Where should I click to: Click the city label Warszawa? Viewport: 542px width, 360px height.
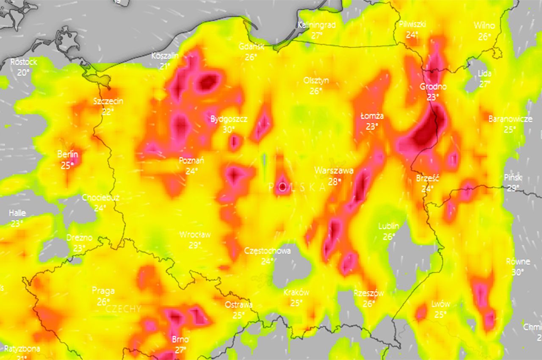(334, 171)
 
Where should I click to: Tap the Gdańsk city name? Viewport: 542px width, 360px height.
(251, 46)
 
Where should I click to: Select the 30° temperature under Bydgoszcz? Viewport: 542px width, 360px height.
(229, 129)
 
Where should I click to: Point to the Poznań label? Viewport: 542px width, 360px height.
(192, 161)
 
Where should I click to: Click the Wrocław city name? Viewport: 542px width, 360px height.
(195, 235)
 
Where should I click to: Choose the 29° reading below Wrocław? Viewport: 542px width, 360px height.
(195, 245)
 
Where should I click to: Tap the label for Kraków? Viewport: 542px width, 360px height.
(296, 293)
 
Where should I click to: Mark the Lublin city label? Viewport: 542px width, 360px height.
(389, 226)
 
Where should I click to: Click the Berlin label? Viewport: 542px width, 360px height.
(68, 154)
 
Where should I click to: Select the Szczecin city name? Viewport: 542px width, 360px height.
(108, 101)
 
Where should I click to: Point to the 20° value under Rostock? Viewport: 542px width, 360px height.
(24, 72)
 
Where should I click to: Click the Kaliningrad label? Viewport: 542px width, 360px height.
(317, 25)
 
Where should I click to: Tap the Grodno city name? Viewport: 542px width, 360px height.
(433, 87)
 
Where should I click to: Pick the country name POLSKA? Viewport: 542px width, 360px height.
(297, 187)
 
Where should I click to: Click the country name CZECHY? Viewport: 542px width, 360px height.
(123, 309)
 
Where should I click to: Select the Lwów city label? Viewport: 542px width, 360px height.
(441, 304)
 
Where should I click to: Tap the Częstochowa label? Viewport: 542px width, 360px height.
(268, 251)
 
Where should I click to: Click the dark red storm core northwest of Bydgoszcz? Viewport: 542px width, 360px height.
(208, 81)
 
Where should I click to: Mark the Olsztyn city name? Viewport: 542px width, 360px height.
(316, 80)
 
